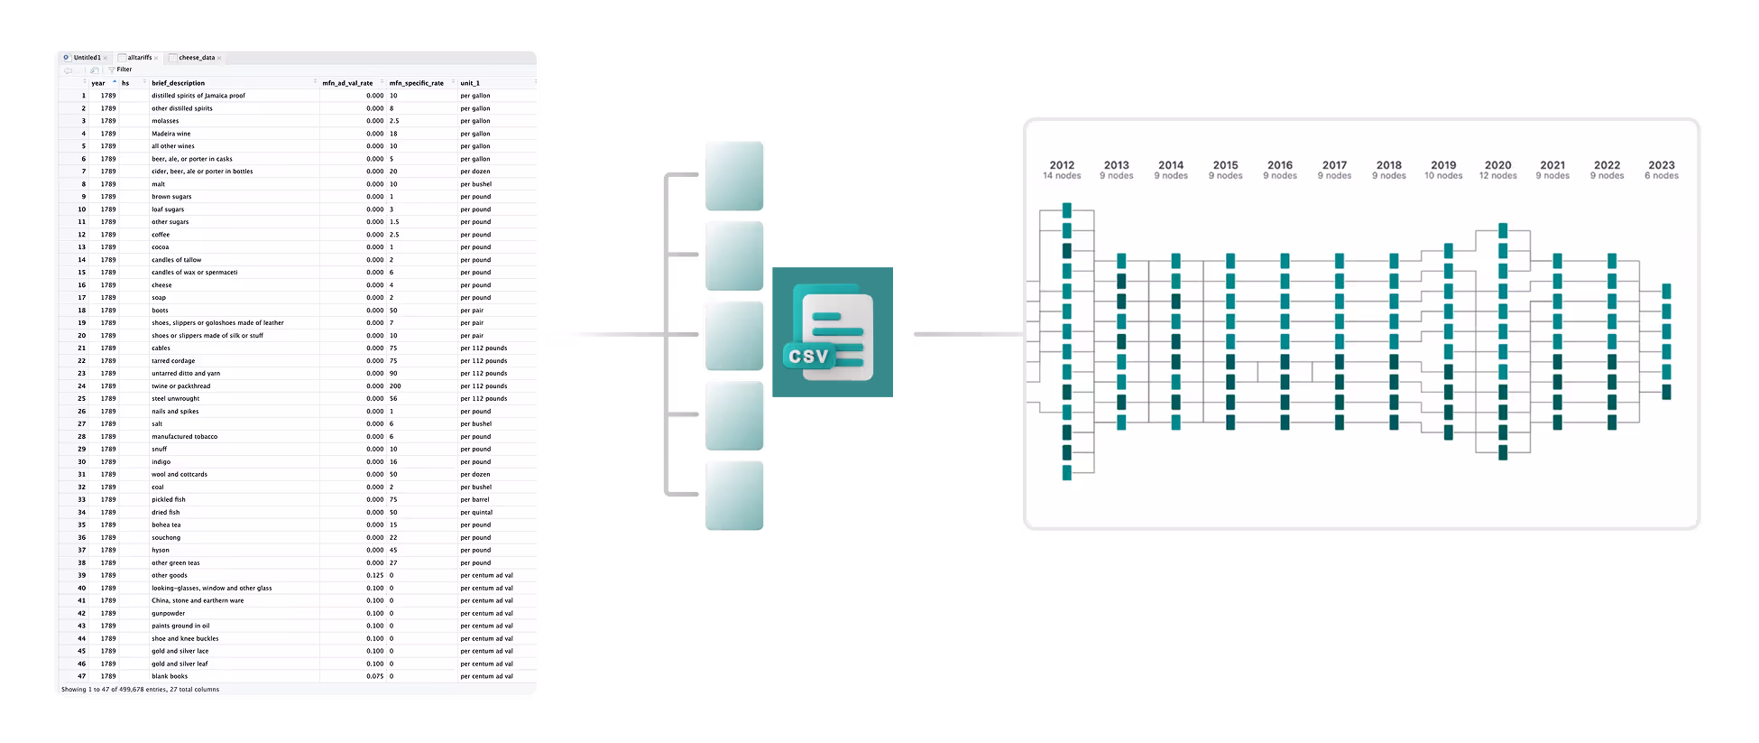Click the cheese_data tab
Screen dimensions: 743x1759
(197, 58)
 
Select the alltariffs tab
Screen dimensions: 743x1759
(139, 58)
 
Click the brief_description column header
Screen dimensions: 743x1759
(179, 83)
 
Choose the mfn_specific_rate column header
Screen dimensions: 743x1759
(417, 83)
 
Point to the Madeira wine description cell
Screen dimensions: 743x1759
(171, 134)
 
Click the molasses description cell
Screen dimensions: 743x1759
(165, 121)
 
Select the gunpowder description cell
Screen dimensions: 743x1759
(169, 613)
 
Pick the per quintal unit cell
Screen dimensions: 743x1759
(476, 512)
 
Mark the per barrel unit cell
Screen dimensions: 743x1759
(474, 499)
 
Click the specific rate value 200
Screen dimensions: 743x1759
(395, 385)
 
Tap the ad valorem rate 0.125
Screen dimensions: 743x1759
(375, 575)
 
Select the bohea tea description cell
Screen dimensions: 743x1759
(166, 525)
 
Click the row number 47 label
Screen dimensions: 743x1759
(81, 676)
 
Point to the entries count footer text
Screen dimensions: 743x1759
(140, 690)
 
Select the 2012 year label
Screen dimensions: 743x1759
(1062, 165)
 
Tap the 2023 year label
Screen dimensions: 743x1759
(1661, 165)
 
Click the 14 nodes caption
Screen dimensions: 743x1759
(1062, 176)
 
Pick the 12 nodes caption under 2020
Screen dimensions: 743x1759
(1497, 176)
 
